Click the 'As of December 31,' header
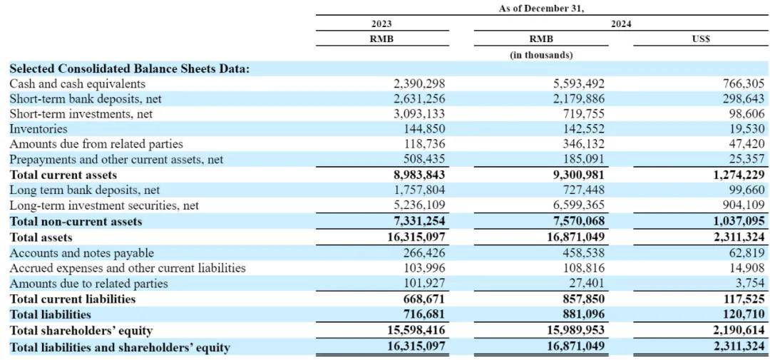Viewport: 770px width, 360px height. click(x=541, y=9)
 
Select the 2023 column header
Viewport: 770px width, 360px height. click(x=381, y=24)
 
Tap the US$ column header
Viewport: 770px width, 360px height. click(x=700, y=39)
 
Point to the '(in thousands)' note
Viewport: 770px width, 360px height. click(x=541, y=55)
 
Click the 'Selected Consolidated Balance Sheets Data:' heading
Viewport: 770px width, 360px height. click(x=130, y=68)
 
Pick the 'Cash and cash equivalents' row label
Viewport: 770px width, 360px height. click(x=78, y=84)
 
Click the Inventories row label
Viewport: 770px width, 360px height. click(x=38, y=130)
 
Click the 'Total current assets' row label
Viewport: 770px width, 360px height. click(x=63, y=175)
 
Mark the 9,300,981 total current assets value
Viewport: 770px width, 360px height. click(x=576, y=175)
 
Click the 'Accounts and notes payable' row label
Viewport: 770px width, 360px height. click(x=81, y=253)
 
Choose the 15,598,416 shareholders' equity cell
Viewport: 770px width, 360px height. click(x=416, y=331)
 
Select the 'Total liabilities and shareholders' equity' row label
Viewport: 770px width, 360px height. click(x=120, y=348)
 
